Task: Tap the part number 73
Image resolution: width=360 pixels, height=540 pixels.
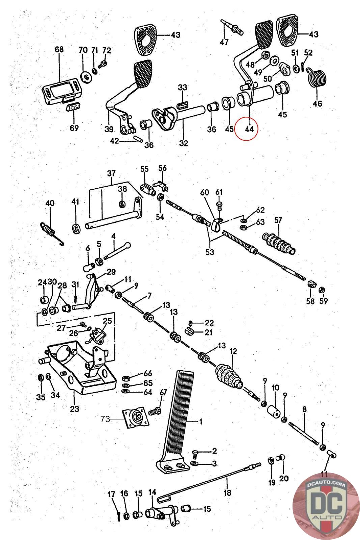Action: coord(105,419)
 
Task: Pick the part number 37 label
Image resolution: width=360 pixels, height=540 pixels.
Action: coord(111,173)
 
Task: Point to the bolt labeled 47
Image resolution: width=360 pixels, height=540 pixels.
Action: coord(233,28)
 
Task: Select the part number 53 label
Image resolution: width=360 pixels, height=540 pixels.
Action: coord(210,252)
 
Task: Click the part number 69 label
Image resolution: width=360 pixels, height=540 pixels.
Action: coord(74,128)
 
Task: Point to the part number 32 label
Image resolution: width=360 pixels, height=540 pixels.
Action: coord(183,143)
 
